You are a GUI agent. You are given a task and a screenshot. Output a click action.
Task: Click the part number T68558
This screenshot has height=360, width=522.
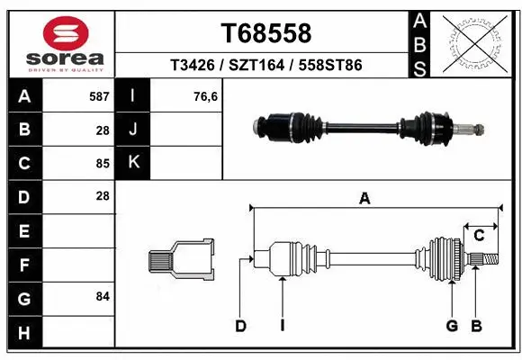click(266, 33)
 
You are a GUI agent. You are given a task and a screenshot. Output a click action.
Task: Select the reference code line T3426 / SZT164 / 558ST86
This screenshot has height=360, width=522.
click(266, 66)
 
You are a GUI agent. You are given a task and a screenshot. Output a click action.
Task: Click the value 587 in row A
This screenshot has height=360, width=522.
click(98, 95)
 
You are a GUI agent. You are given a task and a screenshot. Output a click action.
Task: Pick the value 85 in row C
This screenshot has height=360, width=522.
click(102, 163)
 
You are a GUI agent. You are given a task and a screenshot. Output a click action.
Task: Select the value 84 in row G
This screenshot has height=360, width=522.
click(102, 296)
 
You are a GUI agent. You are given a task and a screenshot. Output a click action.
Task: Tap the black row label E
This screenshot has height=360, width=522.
click(23, 231)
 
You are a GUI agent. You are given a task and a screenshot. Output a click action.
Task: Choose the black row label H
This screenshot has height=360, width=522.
click(23, 332)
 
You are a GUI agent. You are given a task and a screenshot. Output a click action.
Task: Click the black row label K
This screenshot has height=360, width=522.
click(133, 163)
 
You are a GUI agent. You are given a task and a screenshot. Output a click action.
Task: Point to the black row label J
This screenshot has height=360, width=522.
click(133, 130)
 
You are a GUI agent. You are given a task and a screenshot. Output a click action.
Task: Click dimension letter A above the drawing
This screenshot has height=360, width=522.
click(364, 199)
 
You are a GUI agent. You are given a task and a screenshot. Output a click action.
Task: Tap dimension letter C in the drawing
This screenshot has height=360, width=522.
click(480, 236)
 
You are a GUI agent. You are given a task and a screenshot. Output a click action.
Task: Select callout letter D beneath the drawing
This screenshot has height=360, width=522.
click(240, 326)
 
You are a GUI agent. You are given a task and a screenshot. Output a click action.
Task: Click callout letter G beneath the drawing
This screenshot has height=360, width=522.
click(452, 326)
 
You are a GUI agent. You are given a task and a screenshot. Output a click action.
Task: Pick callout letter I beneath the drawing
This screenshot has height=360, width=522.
click(282, 326)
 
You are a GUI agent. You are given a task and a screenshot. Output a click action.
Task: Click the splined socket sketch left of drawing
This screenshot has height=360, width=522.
click(181, 260)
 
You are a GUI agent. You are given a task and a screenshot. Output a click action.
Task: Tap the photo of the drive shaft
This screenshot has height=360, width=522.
click(369, 127)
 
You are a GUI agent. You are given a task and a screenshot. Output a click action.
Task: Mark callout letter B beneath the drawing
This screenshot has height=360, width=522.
click(477, 326)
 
